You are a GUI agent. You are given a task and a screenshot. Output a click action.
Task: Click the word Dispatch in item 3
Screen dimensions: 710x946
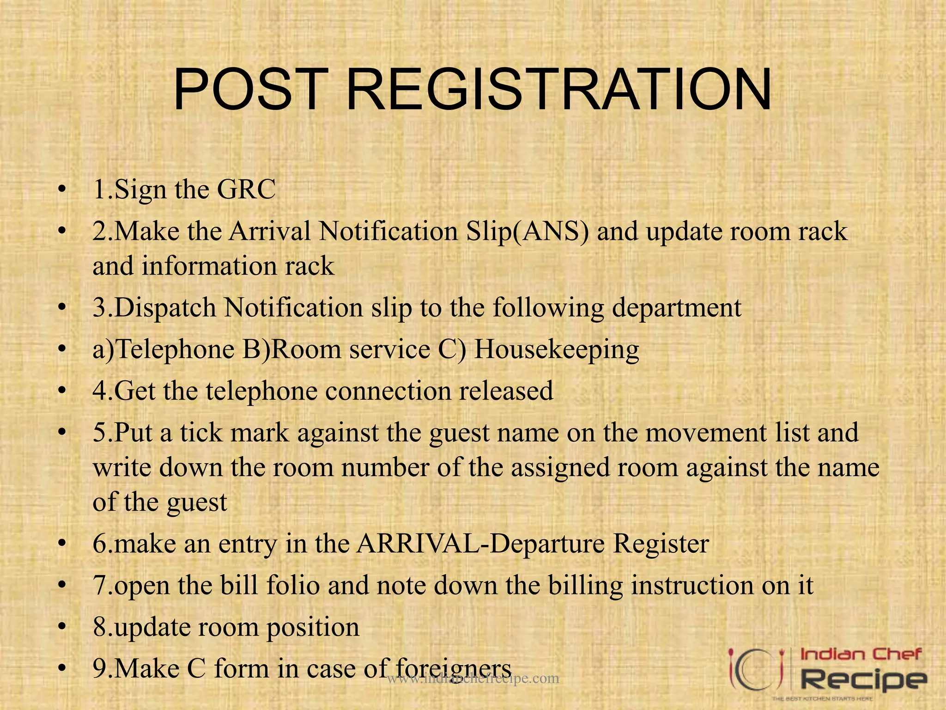coord(165,308)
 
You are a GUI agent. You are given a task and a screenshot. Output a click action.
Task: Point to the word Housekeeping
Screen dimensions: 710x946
coord(556,349)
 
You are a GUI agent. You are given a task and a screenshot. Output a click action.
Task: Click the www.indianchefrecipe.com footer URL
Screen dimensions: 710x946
coord(473,679)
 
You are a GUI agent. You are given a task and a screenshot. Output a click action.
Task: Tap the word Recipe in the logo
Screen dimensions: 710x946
coord(863,680)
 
